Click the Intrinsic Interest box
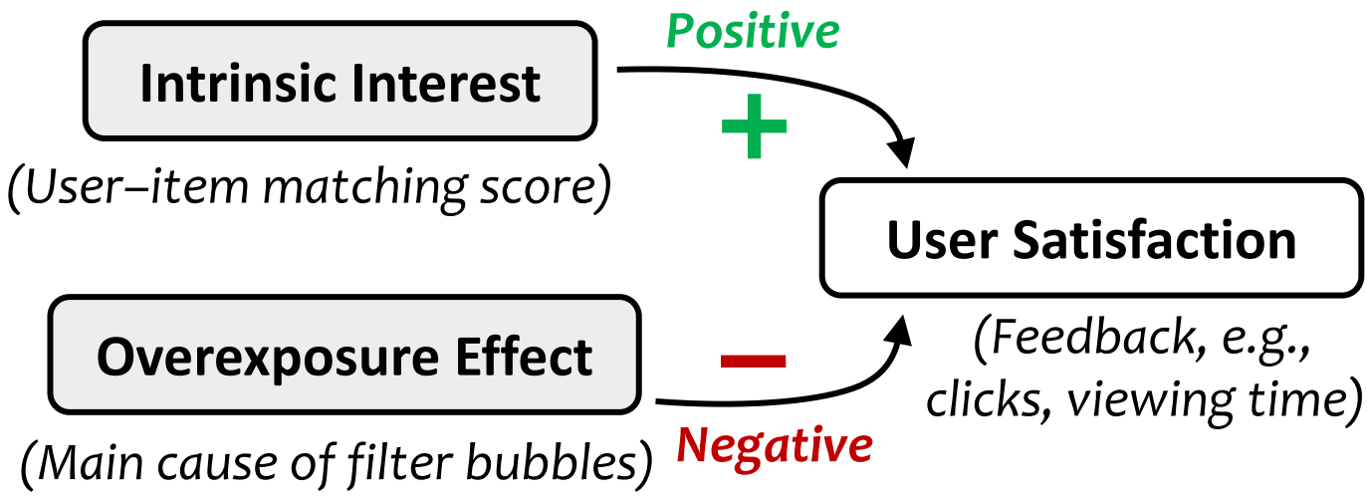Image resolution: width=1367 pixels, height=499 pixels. (341, 83)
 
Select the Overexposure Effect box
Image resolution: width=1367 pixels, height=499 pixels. (344, 356)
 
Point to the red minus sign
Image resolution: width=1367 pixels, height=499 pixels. (753, 361)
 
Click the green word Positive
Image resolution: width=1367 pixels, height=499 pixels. (753, 32)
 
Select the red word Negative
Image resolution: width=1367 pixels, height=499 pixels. (774, 445)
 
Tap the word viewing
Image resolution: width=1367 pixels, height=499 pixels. (1145, 399)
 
